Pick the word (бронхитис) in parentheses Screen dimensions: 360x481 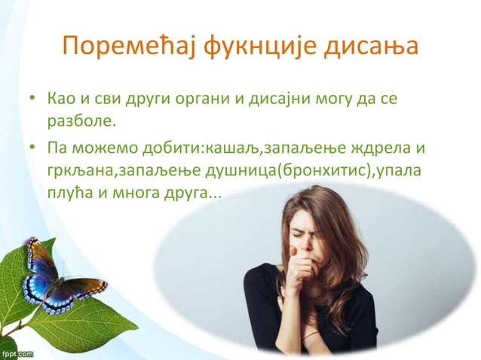323,170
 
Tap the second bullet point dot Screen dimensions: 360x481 32,147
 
